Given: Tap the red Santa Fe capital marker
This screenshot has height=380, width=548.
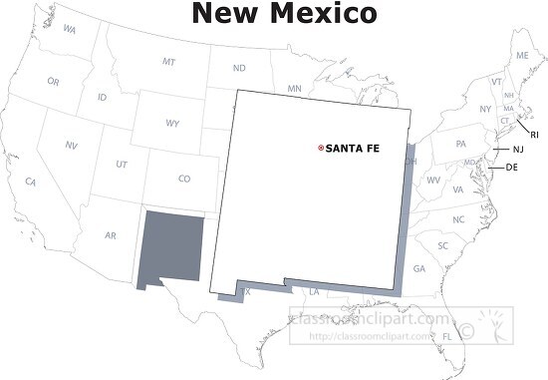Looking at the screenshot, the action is [x=320, y=149].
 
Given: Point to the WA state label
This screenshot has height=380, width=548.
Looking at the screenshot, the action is [x=69, y=30].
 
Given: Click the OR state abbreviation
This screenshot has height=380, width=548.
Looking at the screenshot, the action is [x=53, y=82].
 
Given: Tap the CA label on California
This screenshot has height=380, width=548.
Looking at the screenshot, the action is [x=31, y=183].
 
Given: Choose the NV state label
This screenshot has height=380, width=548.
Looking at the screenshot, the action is [x=71, y=146].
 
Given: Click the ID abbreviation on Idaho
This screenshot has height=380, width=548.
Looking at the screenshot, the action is [x=103, y=98].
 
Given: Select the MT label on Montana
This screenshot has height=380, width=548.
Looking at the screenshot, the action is [x=168, y=62].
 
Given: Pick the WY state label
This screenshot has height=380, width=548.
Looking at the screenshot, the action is [x=172, y=125].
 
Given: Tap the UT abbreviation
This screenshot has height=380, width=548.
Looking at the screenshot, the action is [x=122, y=164].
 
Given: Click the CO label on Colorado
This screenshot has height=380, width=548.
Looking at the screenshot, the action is [x=183, y=180].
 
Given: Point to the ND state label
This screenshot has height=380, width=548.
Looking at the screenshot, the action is [x=239, y=69].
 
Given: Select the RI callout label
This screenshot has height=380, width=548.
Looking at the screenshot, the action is [x=534, y=134].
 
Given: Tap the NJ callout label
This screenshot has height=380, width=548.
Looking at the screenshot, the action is [x=518, y=150].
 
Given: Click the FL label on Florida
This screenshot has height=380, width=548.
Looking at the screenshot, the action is [x=448, y=337].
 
